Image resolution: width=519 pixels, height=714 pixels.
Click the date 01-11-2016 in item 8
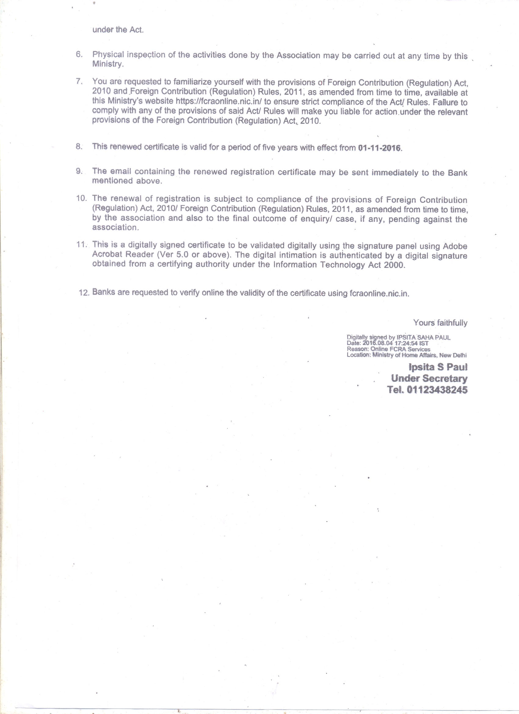click(380, 148)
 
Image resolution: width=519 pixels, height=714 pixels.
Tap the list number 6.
click(79, 54)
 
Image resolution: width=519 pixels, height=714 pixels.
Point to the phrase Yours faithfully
click(440, 323)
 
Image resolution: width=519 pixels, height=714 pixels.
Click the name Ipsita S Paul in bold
click(438, 367)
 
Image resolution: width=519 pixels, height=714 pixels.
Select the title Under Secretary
click(429, 378)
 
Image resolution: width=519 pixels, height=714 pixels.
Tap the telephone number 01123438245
click(437, 390)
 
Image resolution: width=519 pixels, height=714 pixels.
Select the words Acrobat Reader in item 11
click(121, 254)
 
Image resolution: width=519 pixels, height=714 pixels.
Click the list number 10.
click(81, 198)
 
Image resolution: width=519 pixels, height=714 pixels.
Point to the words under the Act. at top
click(118, 30)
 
